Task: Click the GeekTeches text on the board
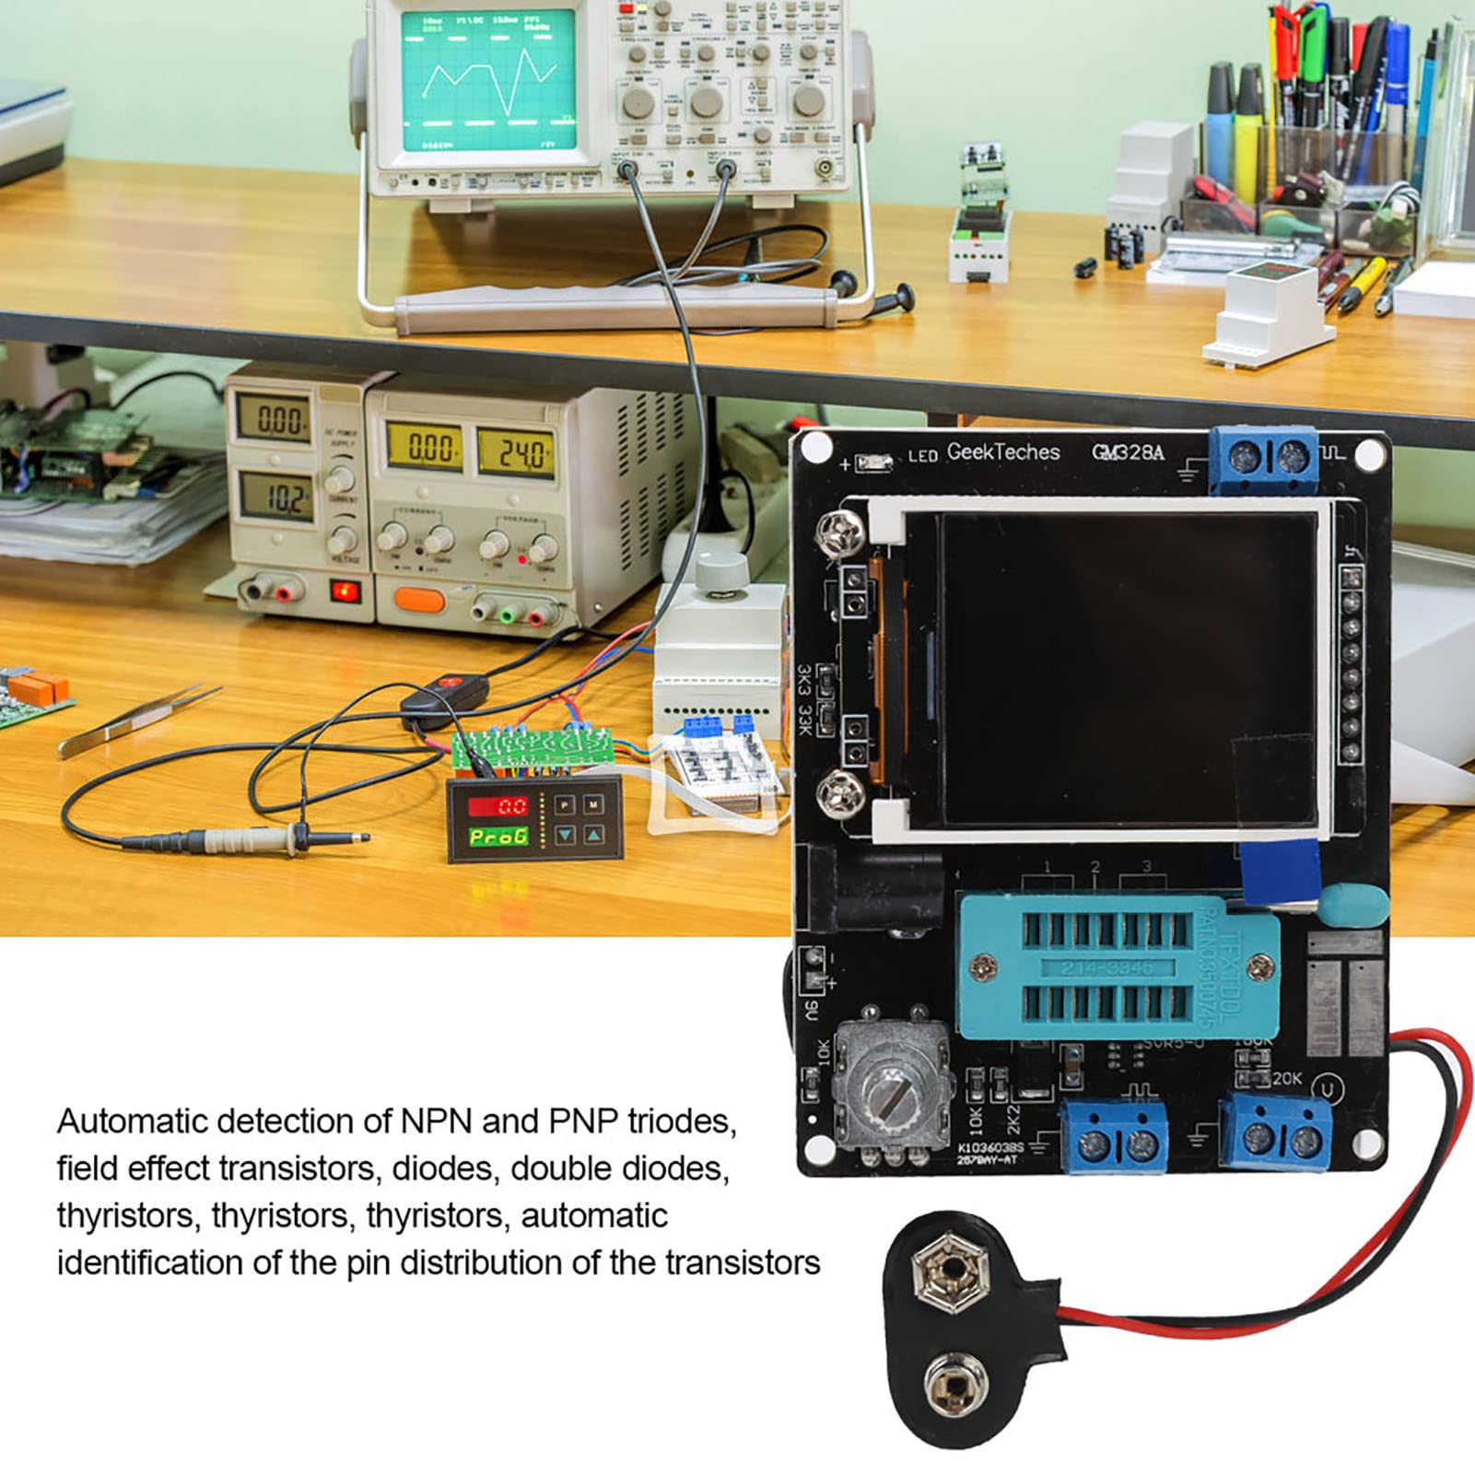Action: point(1003,452)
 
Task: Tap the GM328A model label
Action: point(1128,452)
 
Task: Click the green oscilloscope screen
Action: point(488,81)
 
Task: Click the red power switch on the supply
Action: point(345,591)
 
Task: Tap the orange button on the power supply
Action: point(419,601)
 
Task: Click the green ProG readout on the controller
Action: point(499,837)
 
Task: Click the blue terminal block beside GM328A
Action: point(1264,458)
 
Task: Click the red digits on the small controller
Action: point(499,807)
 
